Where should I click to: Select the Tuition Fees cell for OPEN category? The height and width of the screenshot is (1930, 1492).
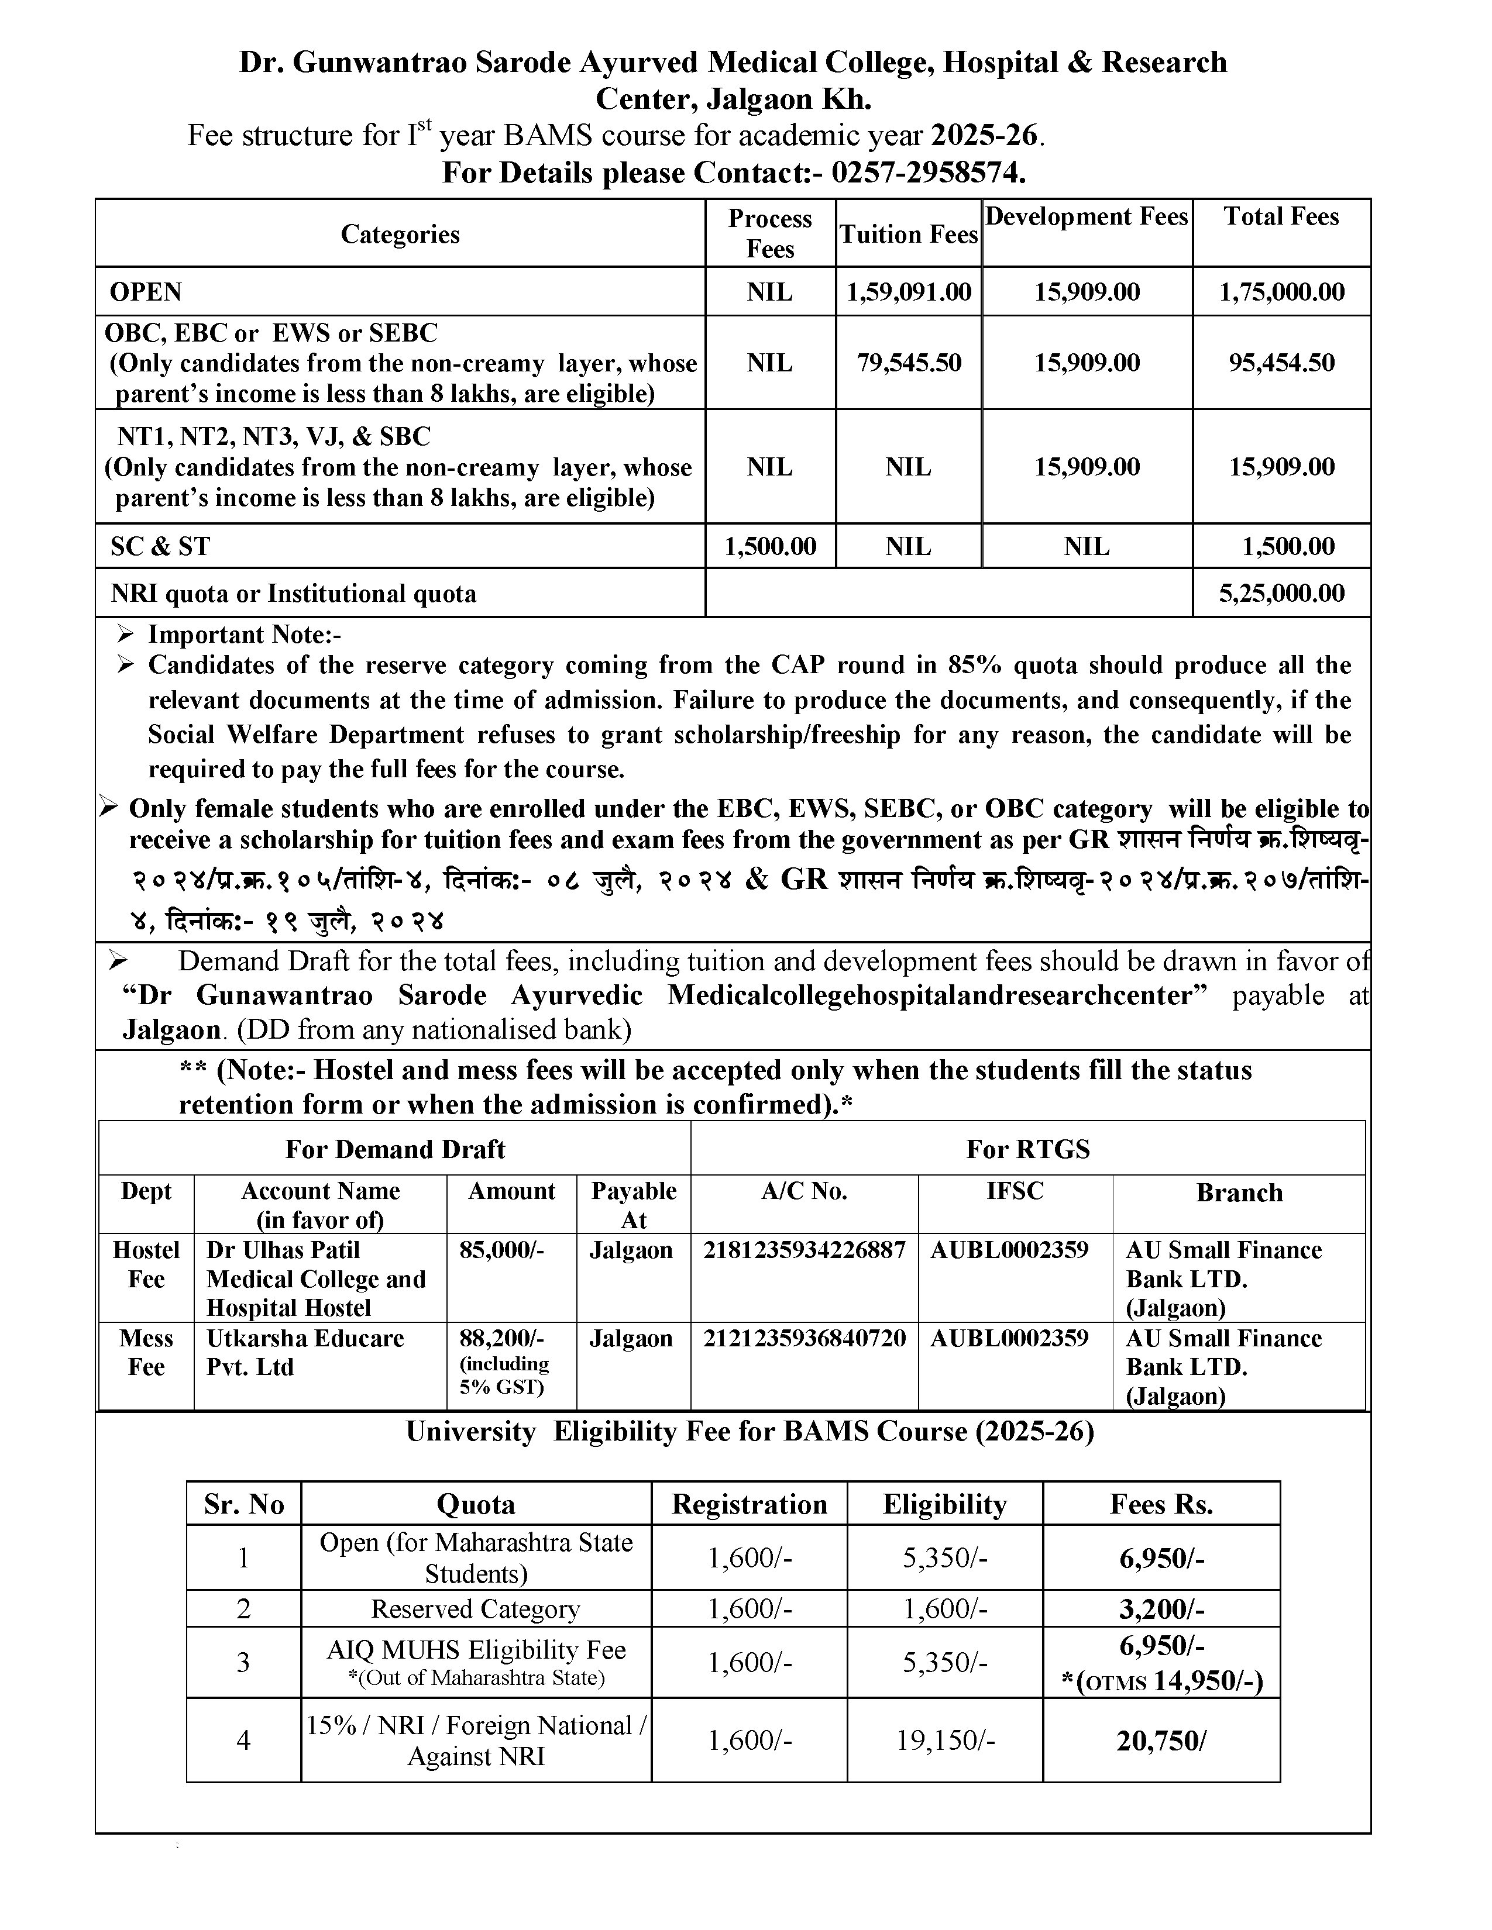(x=909, y=292)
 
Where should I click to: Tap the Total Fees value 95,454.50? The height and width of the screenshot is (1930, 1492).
(x=1281, y=363)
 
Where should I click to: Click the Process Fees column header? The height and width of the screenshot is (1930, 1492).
(x=770, y=233)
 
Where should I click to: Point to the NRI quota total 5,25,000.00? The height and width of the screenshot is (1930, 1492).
(x=1281, y=593)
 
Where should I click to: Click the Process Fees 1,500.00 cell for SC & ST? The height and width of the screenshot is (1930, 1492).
(x=770, y=546)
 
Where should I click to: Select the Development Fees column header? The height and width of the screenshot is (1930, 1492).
(x=1087, y=218)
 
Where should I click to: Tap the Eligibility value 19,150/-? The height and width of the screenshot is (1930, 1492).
(x=945, y=1740)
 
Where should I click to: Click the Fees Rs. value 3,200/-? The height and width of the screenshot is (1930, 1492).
(x=1161, y=1608)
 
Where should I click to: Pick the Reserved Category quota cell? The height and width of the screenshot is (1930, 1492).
(x=476, y=1608)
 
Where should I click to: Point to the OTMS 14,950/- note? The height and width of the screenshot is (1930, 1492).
(x=1161, y=1681)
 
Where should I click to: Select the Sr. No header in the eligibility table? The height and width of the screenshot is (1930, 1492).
(x=244, y=1504)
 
